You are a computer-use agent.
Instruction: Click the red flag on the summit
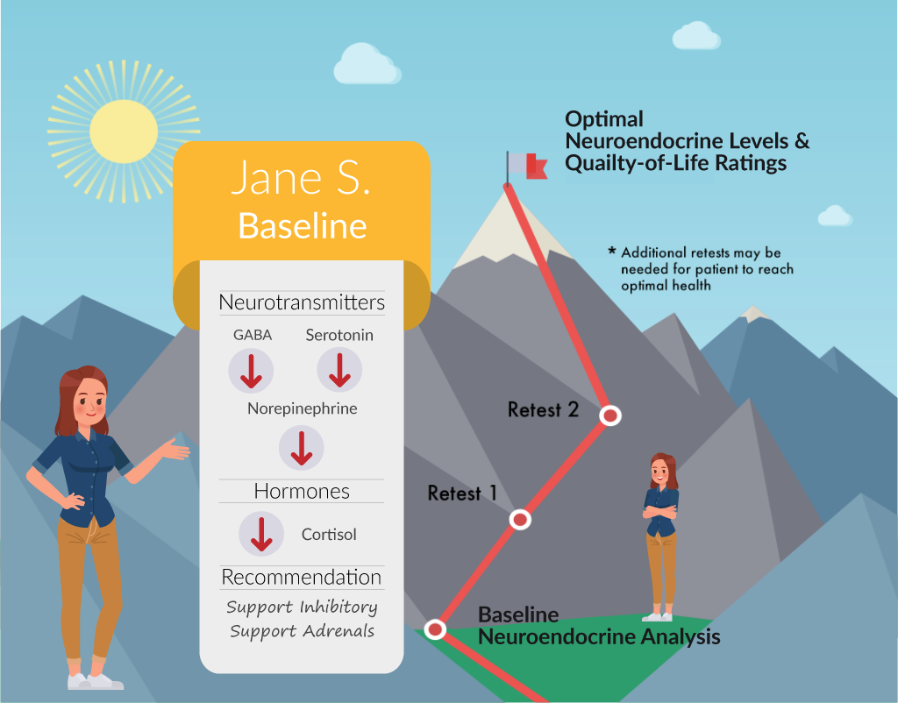[x=537, y=166]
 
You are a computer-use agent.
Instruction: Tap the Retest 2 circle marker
[x=610, y=415]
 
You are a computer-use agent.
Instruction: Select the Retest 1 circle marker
[x=520, y=519]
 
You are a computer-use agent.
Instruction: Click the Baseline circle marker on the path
[x=435, y=629]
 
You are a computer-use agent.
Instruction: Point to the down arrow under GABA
[x=251, y=372]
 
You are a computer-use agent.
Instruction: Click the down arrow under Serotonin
[x=339, y=371]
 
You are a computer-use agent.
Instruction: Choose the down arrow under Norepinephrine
[x=302, y=448]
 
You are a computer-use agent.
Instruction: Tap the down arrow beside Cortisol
[x=261, y=535]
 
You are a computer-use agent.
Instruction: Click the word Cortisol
[x=329, y=535]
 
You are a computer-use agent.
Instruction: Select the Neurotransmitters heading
[x=302, y=302]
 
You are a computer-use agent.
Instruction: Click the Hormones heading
[x=302, y=491]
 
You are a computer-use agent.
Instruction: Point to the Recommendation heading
[x=302, y=577]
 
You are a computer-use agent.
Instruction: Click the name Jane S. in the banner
[x=302, y=178]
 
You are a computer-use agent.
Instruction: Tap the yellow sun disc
[x=124, y=131]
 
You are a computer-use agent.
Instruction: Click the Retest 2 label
[x=543, y=410]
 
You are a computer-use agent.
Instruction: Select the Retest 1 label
[x=462, y=493]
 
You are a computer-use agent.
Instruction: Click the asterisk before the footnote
[x=612, y=251]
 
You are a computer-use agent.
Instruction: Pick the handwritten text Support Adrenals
[x=302, y=631]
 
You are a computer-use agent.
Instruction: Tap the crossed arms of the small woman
[x=660, y=511]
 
